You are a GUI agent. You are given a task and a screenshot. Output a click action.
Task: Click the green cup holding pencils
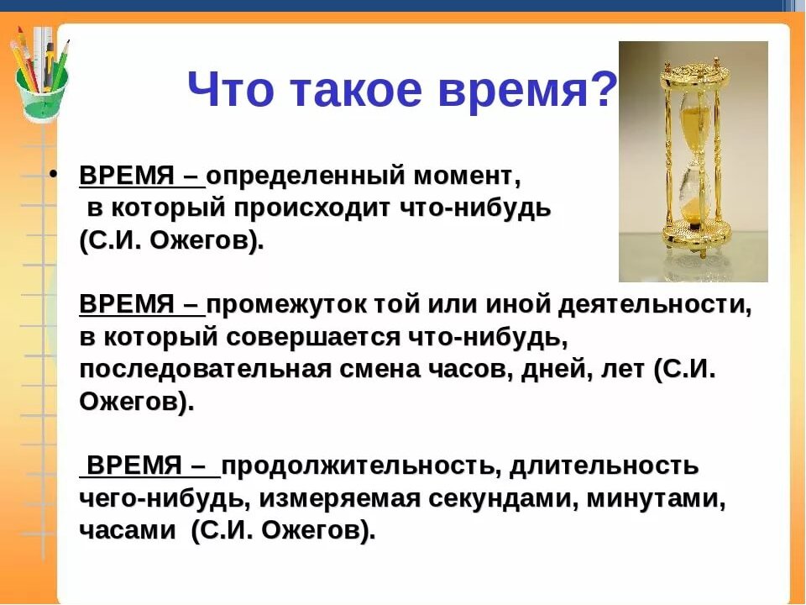(42, 93)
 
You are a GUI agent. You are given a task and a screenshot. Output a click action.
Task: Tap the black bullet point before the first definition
(55, 177)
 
